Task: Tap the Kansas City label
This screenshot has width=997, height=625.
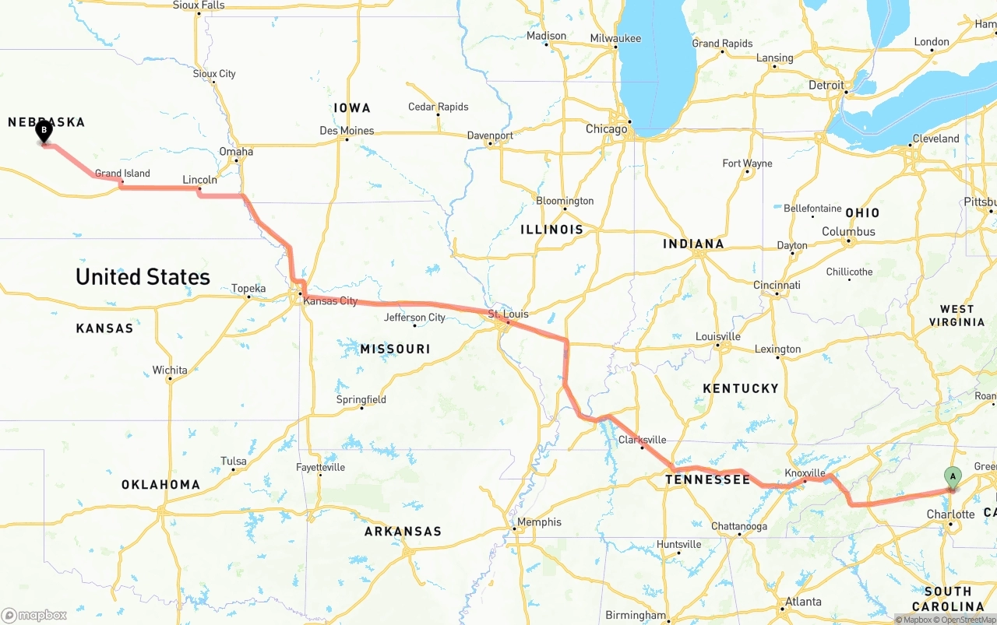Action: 330,300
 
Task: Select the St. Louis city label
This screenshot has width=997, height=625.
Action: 508,314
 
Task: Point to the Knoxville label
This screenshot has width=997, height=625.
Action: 805,473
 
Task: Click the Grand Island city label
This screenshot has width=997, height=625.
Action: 122,174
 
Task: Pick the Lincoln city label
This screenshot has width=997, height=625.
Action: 199,180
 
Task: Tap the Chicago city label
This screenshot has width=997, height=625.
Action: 606,128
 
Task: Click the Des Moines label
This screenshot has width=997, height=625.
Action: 347,131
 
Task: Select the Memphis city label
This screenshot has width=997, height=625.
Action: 539,521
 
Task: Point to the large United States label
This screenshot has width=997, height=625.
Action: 143,276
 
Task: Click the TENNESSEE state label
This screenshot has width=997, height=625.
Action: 707,479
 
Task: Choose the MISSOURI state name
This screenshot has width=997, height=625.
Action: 395,349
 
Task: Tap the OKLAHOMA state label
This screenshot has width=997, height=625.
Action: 160,484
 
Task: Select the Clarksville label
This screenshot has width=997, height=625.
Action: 642,440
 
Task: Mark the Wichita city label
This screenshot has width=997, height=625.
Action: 170,370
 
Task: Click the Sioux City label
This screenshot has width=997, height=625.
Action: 214,74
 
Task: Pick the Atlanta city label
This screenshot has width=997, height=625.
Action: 802,601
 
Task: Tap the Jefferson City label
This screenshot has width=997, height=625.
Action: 414,318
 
